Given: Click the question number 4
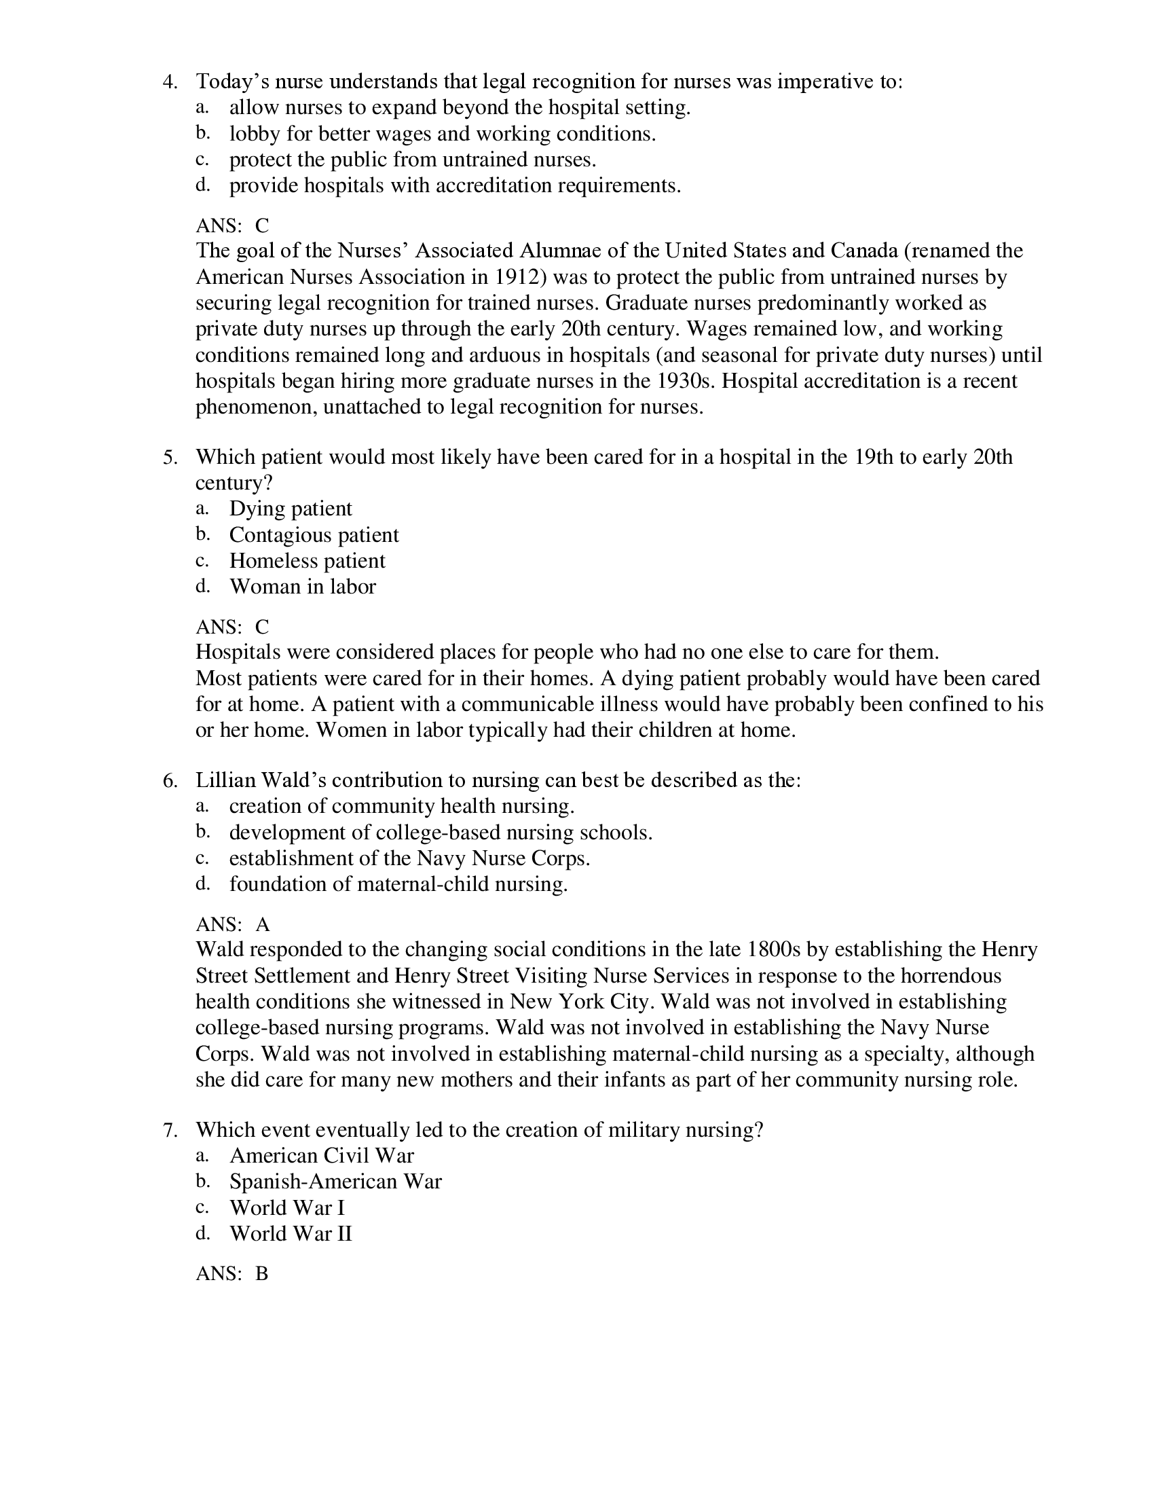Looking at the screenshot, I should click(170, 82).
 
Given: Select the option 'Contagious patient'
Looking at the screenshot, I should click(314, 535).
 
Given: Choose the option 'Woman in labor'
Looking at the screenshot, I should click(302, 587).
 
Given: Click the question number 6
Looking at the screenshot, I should click(170, 780).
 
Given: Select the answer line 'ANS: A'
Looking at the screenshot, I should click(232, 925).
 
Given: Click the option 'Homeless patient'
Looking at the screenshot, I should click(307, 561).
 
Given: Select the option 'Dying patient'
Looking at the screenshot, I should click(291, 509).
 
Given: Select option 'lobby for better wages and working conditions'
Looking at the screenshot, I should click(443, 134).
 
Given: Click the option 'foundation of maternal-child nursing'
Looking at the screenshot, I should click(398, 884).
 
